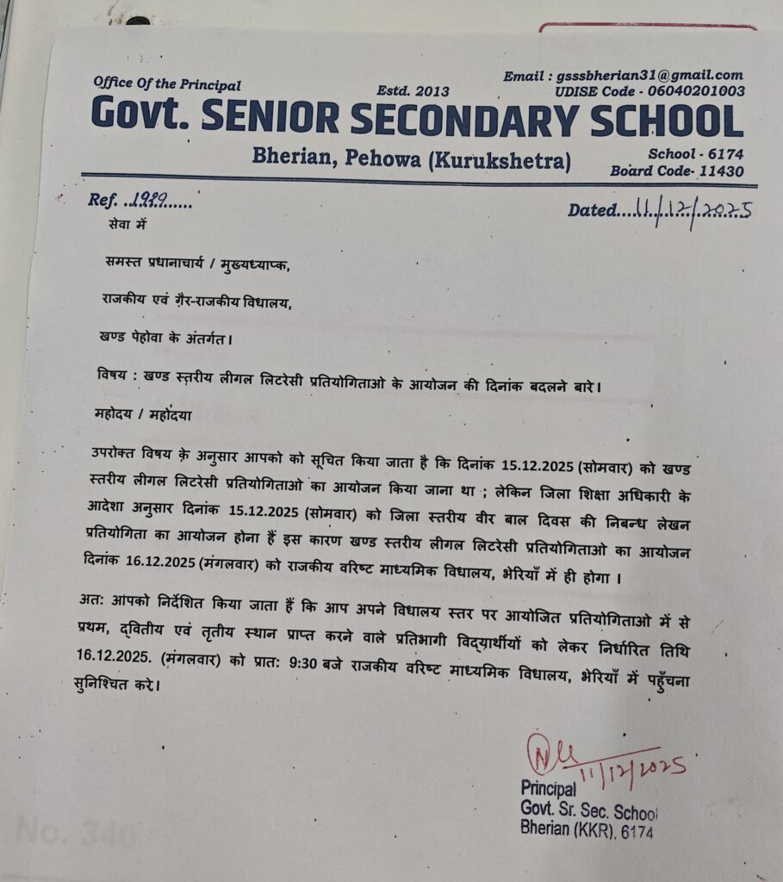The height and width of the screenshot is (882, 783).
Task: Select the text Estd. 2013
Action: [407, 90]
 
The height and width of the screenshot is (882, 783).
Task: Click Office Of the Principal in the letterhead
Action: [167, 84]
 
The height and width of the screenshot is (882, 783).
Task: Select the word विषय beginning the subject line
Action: [108, 376]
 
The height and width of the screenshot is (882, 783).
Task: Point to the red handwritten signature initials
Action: [546, 753]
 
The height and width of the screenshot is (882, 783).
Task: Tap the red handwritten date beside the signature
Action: [633, 767]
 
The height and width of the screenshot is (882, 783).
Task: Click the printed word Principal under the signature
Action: [548, 788]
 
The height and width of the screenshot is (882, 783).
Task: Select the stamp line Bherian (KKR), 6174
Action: [586, 830]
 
